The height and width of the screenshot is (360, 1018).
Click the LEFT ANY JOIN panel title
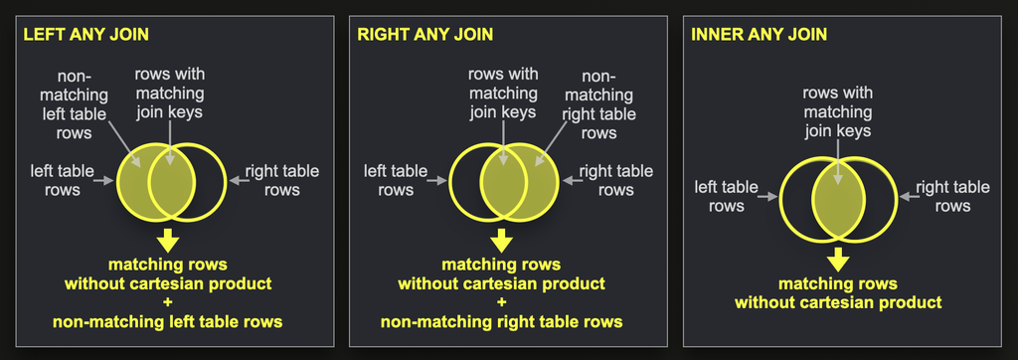coord(86,35)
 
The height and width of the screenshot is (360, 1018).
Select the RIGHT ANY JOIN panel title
coord(425,35)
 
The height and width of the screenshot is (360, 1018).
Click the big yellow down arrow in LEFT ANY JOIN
coord(166,240)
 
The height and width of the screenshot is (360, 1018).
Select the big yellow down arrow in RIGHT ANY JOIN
coord(501,240)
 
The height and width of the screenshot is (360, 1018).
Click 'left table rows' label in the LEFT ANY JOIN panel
coord(55,181)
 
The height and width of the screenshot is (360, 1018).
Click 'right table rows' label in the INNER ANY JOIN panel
coord(952,196)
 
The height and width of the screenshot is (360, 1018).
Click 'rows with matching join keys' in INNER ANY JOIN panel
coord(837,112)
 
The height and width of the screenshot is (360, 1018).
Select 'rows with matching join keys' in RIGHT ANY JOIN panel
coord(503,94)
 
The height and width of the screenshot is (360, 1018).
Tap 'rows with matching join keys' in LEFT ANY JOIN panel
coord(169,94)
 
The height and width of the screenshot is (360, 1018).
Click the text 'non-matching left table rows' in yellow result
coord(167,321)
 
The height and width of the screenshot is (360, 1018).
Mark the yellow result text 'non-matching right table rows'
coord(501,321)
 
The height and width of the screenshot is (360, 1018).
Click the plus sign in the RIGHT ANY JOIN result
coord(501,302)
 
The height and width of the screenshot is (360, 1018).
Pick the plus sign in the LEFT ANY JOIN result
coord(167,302)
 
